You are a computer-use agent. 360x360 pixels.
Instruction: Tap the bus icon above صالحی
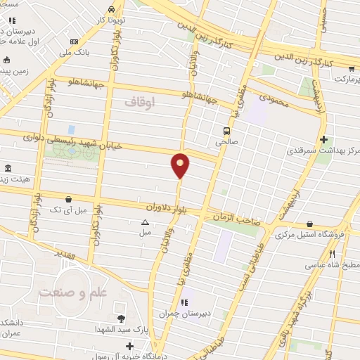[226, 130]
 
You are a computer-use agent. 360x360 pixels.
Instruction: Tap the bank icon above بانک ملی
[75, 41]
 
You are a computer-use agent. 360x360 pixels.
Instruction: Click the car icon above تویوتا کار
[112, 11]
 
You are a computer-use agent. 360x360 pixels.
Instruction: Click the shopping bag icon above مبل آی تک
[67, 200]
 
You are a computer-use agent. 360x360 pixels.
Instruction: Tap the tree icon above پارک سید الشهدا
[121, 319]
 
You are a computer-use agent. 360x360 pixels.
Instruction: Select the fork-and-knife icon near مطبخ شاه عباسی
[333, 255]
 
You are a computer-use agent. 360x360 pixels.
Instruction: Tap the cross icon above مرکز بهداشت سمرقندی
[323, 139]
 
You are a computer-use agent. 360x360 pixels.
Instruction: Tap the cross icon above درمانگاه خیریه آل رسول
[129, 346]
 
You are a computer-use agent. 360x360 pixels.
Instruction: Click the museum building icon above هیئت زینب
[8, 168]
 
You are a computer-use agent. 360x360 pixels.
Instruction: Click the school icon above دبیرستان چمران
[184, 303]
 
